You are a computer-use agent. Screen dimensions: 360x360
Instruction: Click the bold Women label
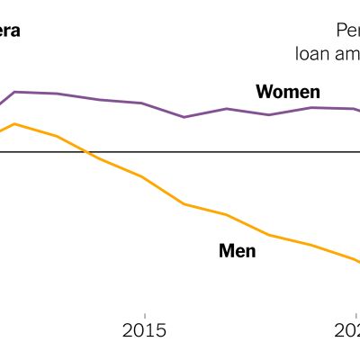[287, 92]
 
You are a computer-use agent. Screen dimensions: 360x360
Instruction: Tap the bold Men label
[238, 251]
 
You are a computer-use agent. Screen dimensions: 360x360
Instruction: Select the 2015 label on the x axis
[144, 329]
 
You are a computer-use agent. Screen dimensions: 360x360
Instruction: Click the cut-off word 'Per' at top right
[347, 31]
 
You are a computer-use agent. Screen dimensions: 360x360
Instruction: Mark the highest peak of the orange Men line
[14, 123]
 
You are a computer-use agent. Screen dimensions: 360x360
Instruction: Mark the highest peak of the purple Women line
[15, 92]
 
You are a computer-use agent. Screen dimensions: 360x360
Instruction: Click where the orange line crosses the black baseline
[85, 152]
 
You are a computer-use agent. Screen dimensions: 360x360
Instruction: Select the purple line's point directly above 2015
[142, 103]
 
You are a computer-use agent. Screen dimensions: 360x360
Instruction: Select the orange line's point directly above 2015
[142, 176]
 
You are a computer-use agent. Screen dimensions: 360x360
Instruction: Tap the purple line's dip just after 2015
[184, 117]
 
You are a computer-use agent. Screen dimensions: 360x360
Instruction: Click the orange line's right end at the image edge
[358, 263]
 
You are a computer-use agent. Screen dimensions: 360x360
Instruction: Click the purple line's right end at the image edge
[358, 112]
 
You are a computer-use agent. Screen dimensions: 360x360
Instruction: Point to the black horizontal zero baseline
[225, 152]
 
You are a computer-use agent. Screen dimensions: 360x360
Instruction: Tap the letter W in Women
[265, 92]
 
